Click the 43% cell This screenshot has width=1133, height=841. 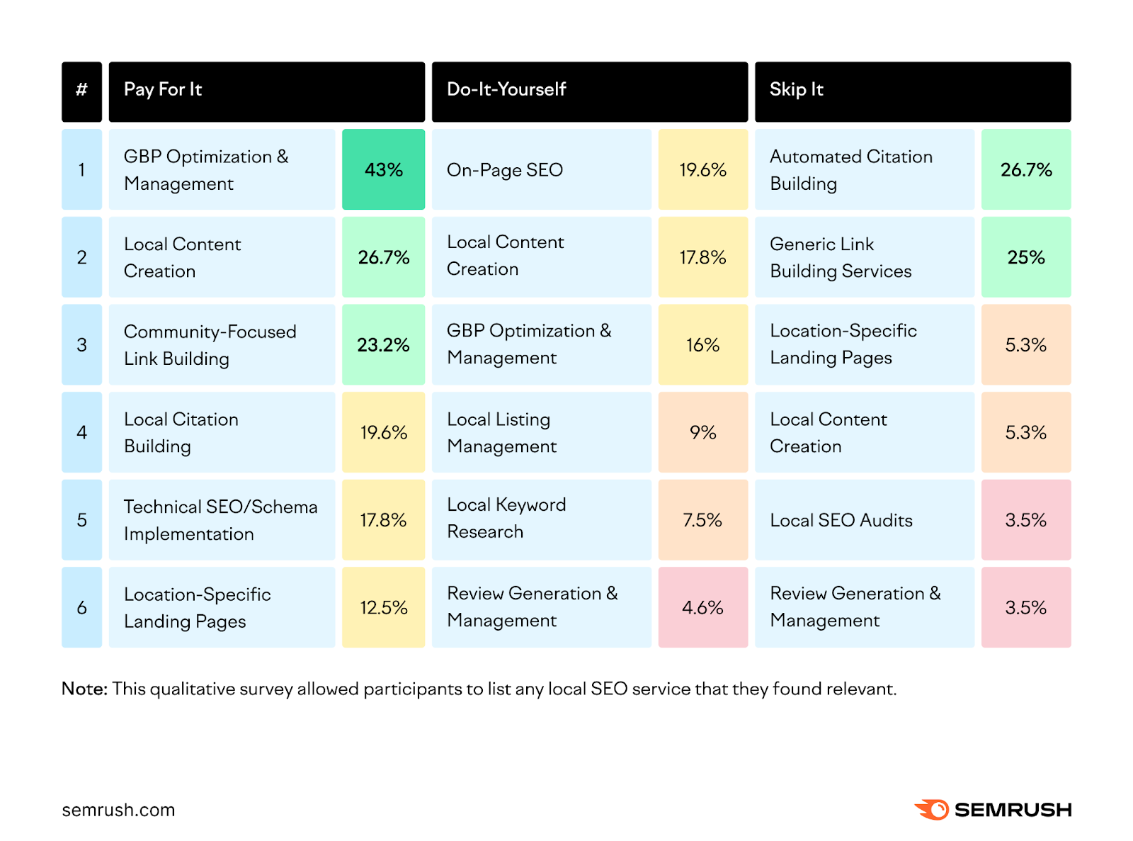pos(383,169)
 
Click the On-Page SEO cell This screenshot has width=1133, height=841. pos(541,169)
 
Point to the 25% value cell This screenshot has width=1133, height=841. pos(1025,257)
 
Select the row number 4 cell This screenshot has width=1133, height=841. pos(81,432)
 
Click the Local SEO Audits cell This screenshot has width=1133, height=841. pos(864,520)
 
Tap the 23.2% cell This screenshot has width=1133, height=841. pos(383,345)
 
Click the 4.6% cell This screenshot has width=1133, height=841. pos(702,607)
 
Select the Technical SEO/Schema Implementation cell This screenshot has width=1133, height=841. pos(222,520)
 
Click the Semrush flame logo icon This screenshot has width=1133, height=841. pos(932,809)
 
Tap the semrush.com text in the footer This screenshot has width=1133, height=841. pos(118,810)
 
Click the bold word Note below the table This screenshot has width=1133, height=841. pos(84,689)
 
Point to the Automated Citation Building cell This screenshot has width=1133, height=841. pos(864,169)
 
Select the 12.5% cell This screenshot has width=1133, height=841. pos(383,607)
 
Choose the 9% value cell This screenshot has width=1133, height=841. pos(702,432)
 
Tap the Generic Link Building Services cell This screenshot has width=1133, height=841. pos(864,257)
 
